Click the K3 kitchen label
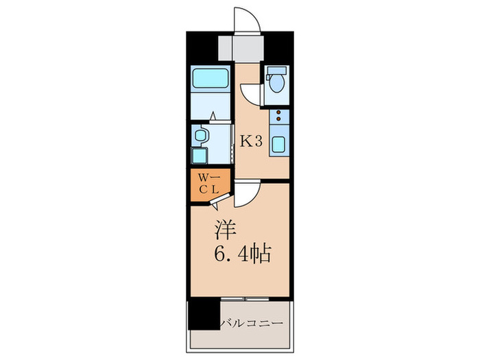pos(250,141)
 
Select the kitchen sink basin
pos(280,145)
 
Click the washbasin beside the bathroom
pos(200,136)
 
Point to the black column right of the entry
pos(279,47)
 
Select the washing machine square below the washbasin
pos(199,155)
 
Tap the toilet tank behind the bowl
pos(278,71)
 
